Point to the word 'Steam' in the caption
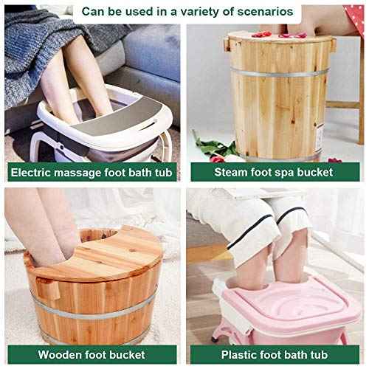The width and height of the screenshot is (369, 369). (x=229, y=173)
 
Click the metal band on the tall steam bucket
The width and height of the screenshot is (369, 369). (x=277, y=72)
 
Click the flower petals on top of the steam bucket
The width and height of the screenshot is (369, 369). (x=266, y=34)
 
